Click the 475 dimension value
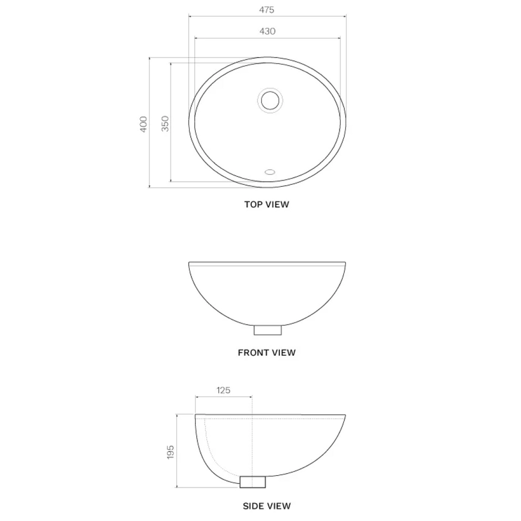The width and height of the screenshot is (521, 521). point(267,10)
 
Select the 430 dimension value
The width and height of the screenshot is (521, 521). point(267,31)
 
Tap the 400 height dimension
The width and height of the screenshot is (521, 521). point(143,124)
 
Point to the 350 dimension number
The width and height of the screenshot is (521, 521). point(165,124)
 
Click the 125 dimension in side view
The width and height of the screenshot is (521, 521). point(223,390)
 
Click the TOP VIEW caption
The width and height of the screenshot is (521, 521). point(267,205)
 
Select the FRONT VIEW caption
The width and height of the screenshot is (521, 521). point(267,352)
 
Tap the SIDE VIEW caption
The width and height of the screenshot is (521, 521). point(267,506)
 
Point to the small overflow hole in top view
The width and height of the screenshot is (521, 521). point(269,171)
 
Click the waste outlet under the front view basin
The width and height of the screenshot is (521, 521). point(268,330)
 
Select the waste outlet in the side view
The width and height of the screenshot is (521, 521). point(253,481)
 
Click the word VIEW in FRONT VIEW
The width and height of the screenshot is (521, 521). point(282,352)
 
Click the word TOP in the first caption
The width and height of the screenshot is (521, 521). point(253,205)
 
